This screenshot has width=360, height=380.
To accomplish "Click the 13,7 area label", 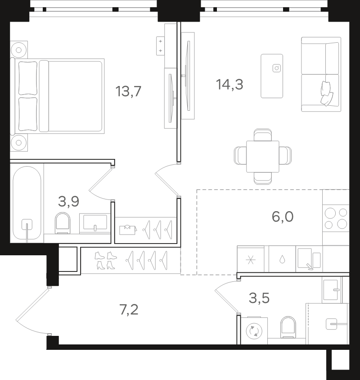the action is (128, 91).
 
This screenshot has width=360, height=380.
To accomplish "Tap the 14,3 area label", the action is (229, 85).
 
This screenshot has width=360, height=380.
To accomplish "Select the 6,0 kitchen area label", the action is (283, 217).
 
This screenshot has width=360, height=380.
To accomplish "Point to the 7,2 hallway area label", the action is (129, 309).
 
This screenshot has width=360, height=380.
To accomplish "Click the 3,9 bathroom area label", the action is (68, 201).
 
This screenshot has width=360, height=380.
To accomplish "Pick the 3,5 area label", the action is (259, 298).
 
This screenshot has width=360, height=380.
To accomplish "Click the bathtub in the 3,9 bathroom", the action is (27, 203).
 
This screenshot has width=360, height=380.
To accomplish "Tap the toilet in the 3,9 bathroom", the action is (63, 223).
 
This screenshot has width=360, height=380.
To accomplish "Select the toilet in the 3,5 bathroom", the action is (288, 327).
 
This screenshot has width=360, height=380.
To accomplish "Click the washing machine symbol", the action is (254, 330).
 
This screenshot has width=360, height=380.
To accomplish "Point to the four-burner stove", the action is (336, 218).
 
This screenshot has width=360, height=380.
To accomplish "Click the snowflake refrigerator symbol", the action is (251, 260).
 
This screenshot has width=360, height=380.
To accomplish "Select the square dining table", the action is (263, 157).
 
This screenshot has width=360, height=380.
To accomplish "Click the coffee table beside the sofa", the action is (272, 76).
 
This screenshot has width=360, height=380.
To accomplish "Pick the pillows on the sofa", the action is (327, 94).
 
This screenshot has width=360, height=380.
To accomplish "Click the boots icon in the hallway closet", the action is (106, 261).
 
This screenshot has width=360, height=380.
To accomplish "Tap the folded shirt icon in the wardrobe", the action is (128, 229).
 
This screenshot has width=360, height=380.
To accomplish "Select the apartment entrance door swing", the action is (32, 311).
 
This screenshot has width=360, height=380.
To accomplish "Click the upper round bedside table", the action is (19, 50).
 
